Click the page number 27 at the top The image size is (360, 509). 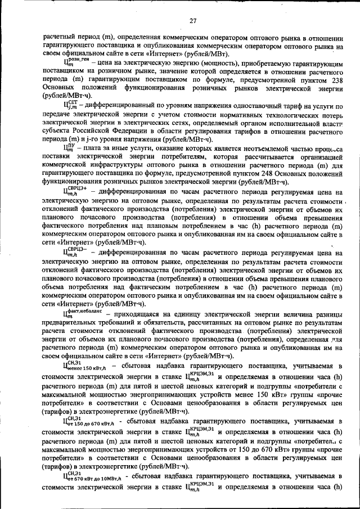[192, 21]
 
